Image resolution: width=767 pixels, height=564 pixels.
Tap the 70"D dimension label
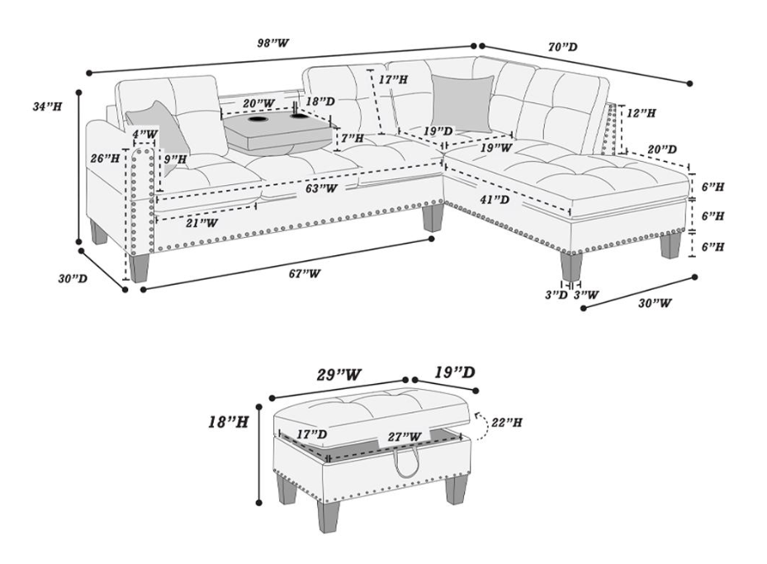click(562, 48)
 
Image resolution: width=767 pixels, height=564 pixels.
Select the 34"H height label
click(47, 107)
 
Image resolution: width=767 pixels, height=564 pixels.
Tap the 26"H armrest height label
click(105, 157)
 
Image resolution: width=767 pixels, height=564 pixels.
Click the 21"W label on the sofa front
click(201, 222)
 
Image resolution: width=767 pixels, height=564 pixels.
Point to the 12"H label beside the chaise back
click(642, 112)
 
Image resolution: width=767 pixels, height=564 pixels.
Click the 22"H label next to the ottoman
click(506, 422)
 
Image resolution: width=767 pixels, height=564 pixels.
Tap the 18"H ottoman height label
click(228, 422)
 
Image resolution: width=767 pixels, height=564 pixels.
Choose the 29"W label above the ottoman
click(340, 374)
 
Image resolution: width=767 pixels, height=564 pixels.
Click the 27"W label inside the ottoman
click(405, 436)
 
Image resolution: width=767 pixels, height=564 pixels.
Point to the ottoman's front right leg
click(455, 487)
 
